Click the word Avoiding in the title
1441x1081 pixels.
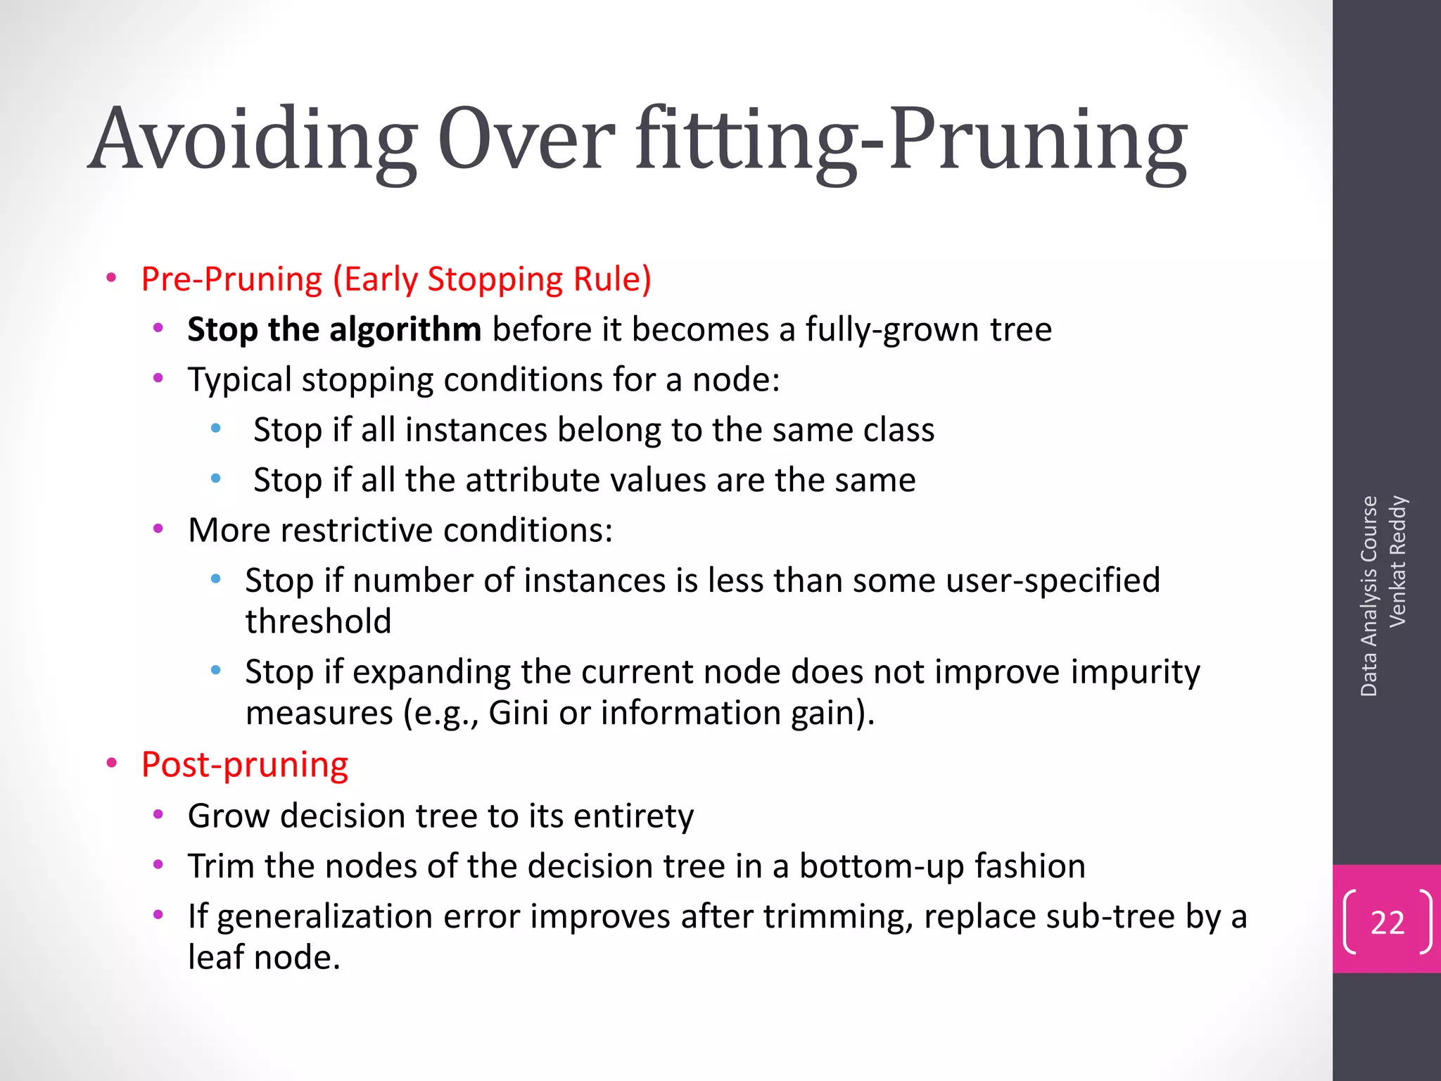(x=253, y=139)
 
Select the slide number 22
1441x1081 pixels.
(x=1387, y=922)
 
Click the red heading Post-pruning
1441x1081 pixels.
(x=244, y=765)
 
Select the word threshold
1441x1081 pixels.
(x=318, y=621)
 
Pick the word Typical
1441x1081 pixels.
(x=239, y=380)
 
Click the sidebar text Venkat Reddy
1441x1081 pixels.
(x=1397, y=561)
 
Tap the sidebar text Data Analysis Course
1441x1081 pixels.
(x=1369, y=596)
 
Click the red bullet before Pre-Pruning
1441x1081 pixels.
(x=111, y=279)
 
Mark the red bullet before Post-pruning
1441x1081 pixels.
(x=111, y=764)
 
